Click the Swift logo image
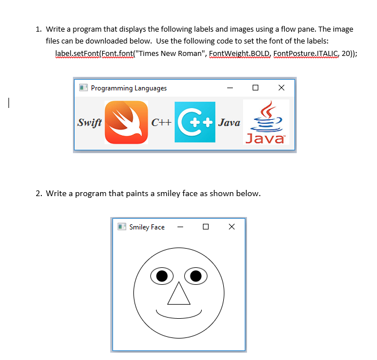coord(126,122)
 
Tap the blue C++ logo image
coord(195,122)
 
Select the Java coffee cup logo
coord(266,122)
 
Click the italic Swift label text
coord(89,123)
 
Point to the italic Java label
coord(229,123)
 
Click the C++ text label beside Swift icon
coord(161,123)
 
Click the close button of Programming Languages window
coord(281,88)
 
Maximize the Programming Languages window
coord(255,88)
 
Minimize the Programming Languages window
coord(229,88)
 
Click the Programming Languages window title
coord(129,88)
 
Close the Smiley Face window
coord(231,227)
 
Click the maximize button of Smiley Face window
coord(205,227)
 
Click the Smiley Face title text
coord(147,227)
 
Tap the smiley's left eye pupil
coord(162,276)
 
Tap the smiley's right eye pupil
coord(196,276)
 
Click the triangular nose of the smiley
coord(179,294)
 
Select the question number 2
coord(38,193)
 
